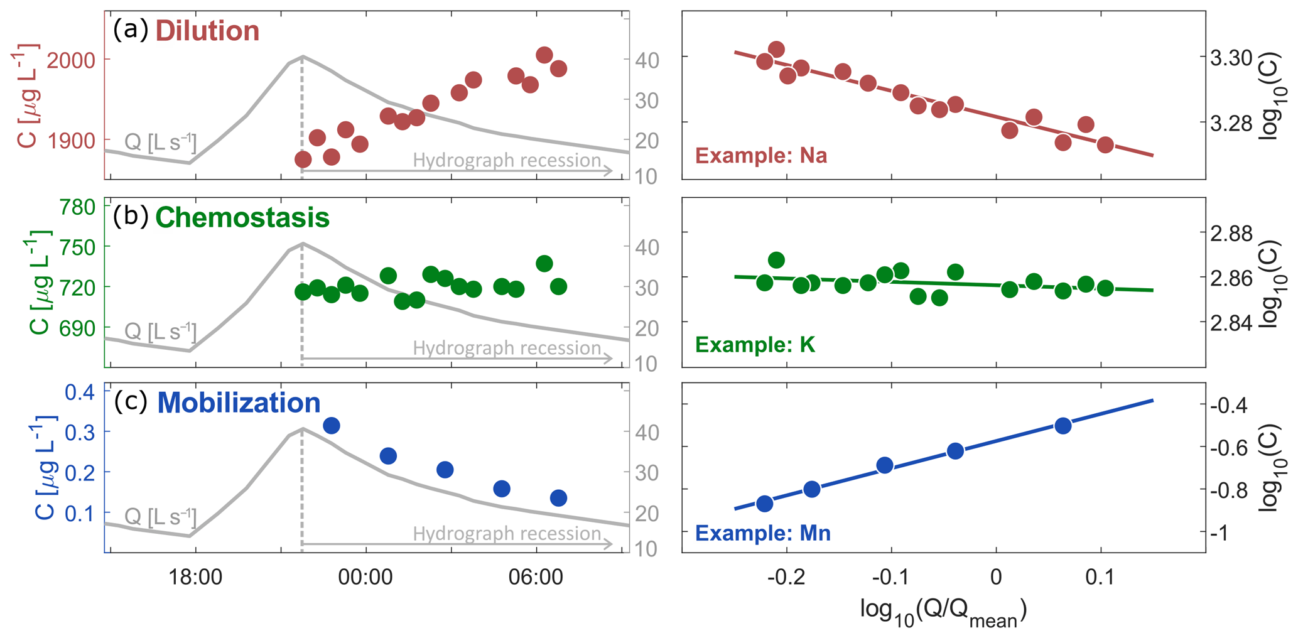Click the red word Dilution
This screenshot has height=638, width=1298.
click(207, 31)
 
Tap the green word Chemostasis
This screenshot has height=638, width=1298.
click(242, 218)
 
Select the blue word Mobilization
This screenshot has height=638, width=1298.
click(239, 403)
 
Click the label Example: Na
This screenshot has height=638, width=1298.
click(761, 156)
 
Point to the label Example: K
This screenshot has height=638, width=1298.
click(755, 345)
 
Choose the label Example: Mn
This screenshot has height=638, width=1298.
click(763, 533)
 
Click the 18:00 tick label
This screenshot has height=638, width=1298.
click(195, 576)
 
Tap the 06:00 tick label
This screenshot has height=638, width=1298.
click(536, 576)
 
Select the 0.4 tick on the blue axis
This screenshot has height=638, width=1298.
click(80, 392)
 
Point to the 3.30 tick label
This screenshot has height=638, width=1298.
click(1231, 58)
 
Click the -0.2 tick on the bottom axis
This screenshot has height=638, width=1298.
click(786, 576)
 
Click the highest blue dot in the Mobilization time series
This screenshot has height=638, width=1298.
click(331, 426)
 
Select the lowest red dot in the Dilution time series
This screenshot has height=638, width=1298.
click(303, 159)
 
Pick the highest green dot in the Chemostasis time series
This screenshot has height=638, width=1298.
click(544, 263)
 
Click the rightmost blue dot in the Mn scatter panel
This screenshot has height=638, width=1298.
click(1063, 426)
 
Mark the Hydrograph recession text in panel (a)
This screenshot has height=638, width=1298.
click(507, 161)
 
